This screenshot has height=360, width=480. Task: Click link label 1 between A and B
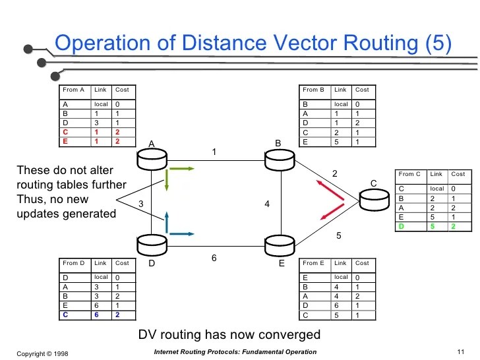pos(214,152)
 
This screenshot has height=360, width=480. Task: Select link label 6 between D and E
pos(214,258)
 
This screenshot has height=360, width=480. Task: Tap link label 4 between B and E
pos(267,204)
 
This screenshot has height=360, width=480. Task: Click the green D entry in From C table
pos(402,226)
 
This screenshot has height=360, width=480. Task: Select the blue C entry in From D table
pos(65,315)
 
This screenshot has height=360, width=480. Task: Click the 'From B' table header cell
pos(314,90)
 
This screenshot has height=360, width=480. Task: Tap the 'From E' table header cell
pos(314,263)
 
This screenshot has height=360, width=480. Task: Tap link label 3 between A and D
pos(141,204)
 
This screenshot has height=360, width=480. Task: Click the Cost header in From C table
pos(458,174)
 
